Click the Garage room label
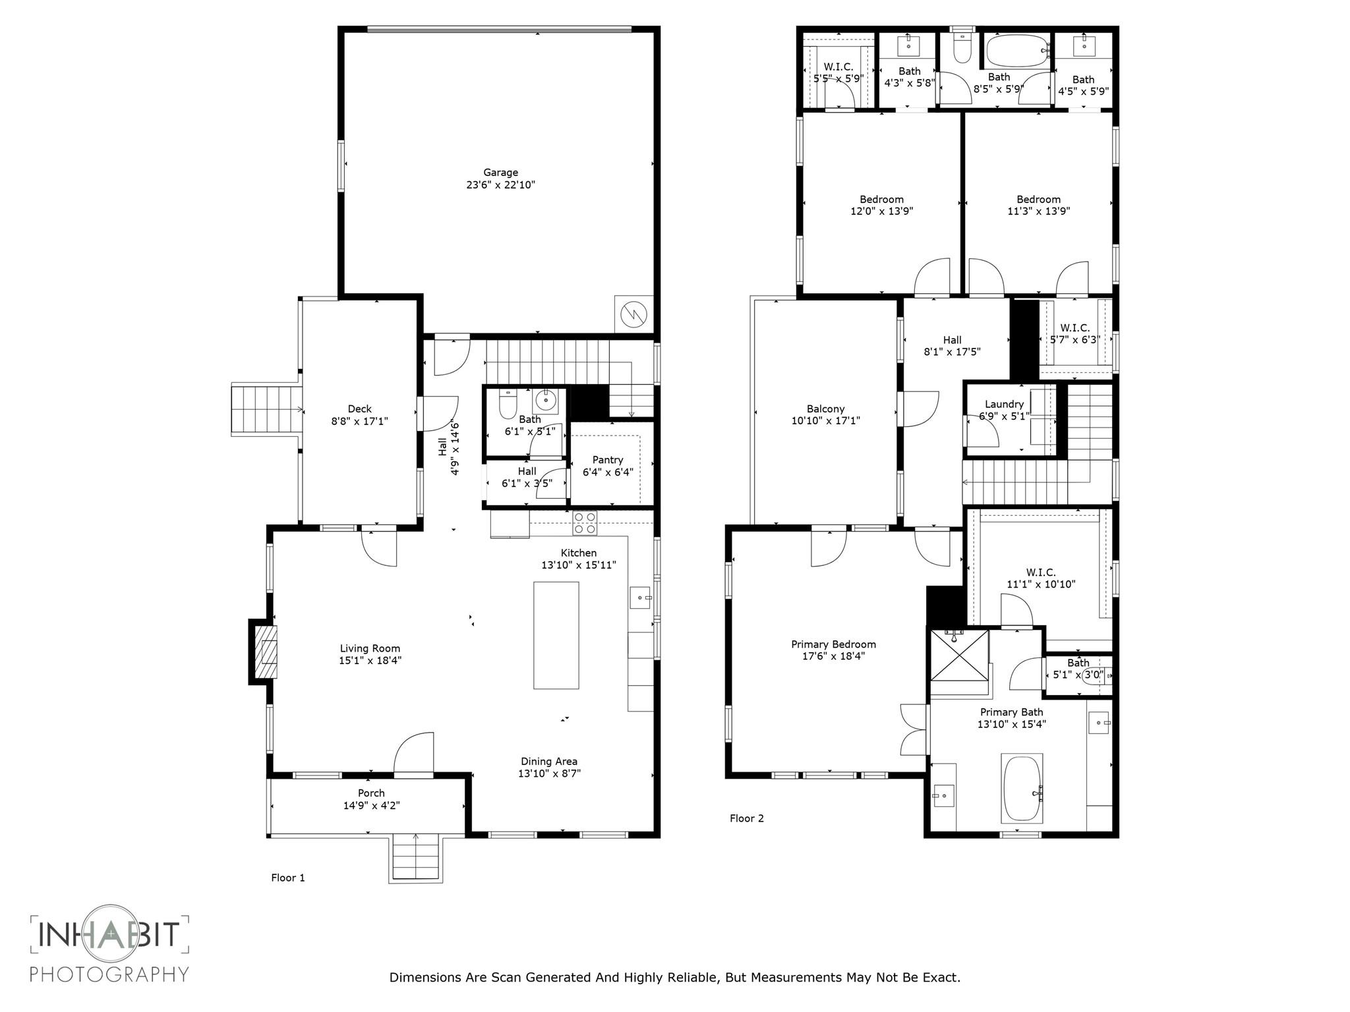(x=500, y=173)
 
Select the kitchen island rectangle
(x=556, y=634)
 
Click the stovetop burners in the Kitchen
(x=585, y=523)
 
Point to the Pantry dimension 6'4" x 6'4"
(x=608, y=472)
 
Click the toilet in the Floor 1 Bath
(x=508, y=405)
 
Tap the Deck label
(x=359, y=409)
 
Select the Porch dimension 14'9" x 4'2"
(x=371, y=805)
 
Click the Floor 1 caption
(x=288, y=878)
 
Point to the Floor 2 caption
(x=746, y=818)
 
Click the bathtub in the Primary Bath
(x=1021, y=788)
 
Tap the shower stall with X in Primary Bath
(x=959, y=656)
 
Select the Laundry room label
(x=1004, y=404)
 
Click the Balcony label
(x=825, y=409)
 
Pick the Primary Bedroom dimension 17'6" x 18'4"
(x=833, y=656)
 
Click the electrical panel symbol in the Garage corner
(x=633, y=315)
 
